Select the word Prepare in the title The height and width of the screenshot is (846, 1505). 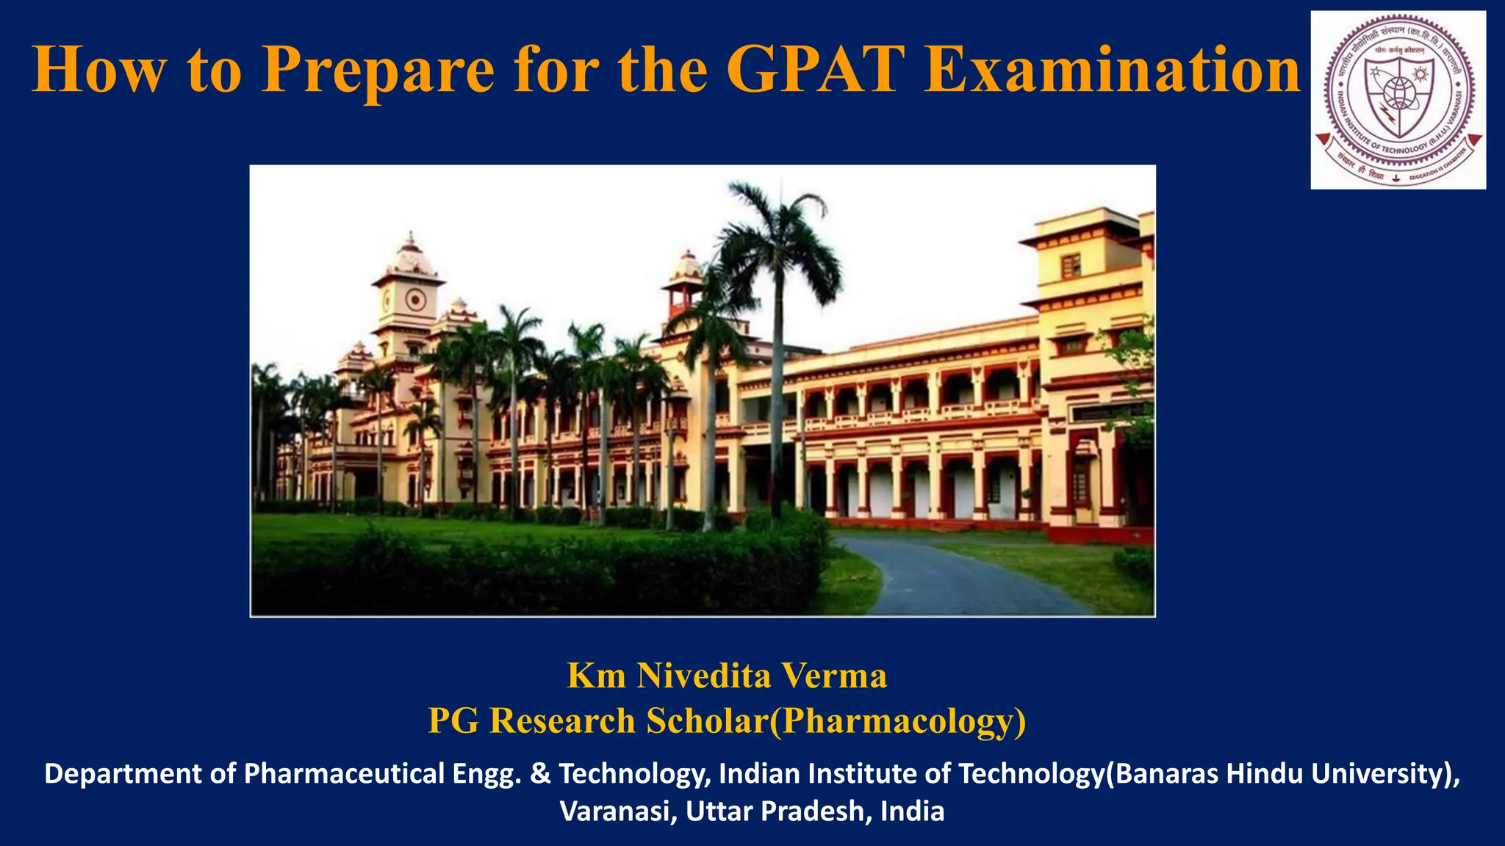(x=378, y=71)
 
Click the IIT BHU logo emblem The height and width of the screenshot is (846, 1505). (x=1398, y=100)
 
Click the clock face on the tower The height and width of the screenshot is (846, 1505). (x=415, y=299)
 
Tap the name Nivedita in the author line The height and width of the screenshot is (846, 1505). (x=703, y=676)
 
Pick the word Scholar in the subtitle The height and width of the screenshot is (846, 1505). (x=706, y=720)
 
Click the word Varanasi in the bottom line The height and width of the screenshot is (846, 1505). (x=617, y=811)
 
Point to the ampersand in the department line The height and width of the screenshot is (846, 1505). (x=540, y=774)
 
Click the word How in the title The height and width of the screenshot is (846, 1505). (x=98, y=70)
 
